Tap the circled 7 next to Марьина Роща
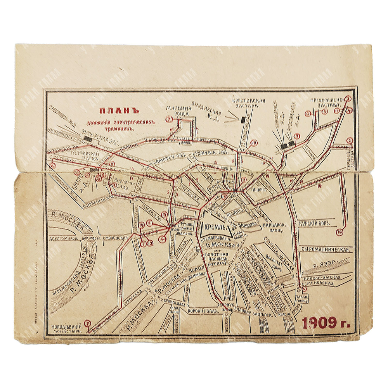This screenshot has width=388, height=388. (x=168, y=119)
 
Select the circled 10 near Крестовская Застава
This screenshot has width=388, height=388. (x=254, y=143)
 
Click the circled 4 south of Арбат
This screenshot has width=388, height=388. (x=162, y=240)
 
